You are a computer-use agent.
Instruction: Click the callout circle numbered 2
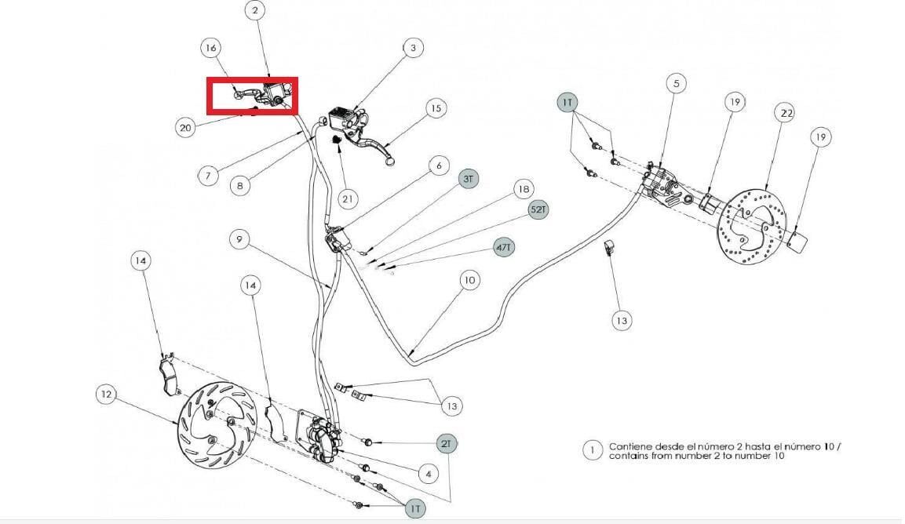(255, 10)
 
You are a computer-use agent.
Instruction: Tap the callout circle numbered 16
(211, 47)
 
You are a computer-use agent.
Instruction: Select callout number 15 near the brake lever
(436, 108)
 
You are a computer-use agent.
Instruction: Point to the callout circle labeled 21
(347, 199)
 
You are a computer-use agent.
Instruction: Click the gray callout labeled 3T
(468, 179)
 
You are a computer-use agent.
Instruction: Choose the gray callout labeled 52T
(538, 209)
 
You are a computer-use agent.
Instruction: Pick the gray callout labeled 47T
(504, 248)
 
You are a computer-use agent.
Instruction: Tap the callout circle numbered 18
(524, 189)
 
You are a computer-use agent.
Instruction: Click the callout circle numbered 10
(470, 281)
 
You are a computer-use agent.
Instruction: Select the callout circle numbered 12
(106, 395)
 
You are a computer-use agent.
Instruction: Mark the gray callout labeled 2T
(446, 444)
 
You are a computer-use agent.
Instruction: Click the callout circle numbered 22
(786, 113)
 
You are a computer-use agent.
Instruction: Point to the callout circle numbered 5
(676, 84)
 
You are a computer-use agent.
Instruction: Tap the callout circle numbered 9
(239, 239)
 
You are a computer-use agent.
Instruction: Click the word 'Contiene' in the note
(631, 446)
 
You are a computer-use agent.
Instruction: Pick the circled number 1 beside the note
(592, 451)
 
